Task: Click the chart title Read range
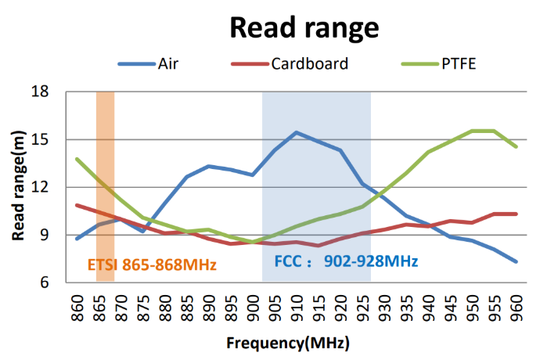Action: pos(304,27)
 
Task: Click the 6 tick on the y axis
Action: pos(44,283)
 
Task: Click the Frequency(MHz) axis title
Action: pos(287,343)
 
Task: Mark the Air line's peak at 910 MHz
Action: pos(296,132)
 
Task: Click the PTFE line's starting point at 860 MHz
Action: pos(77,159)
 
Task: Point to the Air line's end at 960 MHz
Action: pos(517,261)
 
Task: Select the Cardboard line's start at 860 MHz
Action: pos(77,205)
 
